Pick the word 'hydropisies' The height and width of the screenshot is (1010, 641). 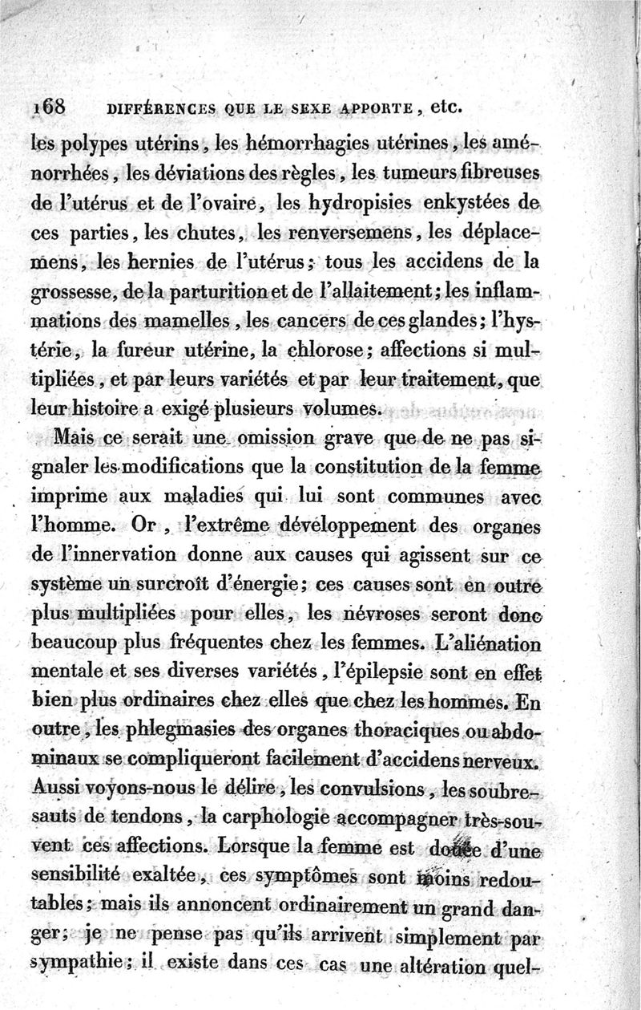point(365,204)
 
